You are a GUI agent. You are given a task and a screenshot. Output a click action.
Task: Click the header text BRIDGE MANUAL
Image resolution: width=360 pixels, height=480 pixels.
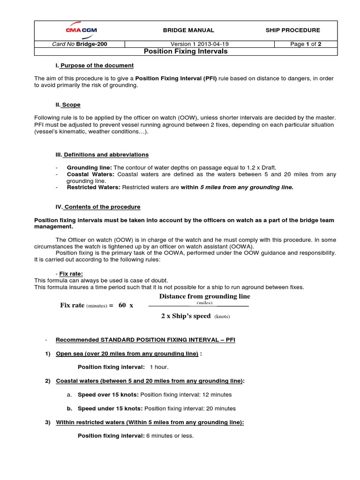pos(188,30)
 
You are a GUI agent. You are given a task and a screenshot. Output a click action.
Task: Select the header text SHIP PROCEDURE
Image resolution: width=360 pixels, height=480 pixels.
pos(292,30)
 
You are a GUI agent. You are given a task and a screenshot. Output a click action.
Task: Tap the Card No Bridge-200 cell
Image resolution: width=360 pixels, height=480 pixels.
pos(80,44)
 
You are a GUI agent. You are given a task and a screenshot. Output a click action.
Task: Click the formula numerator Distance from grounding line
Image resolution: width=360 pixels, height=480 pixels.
pos(204,296)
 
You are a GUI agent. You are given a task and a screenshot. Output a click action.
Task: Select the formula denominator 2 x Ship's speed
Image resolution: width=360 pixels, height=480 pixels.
pos(186,316)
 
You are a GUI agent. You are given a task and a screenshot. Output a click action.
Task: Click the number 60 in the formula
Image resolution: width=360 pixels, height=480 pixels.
pos(122,305)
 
